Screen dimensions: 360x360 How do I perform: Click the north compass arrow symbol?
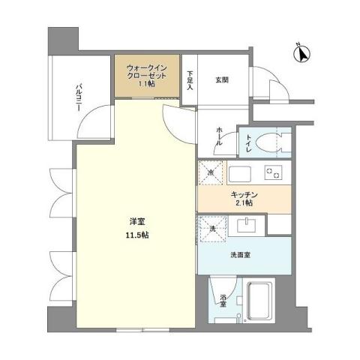(x=303, y=53)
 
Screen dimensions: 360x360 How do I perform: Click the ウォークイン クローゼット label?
(x=146, y=70)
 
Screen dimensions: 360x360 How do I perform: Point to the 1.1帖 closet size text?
(x=146, y=85)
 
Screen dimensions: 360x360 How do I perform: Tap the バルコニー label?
(x=79, y=95)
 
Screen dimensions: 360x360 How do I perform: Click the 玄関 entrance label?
(x=222, y=80)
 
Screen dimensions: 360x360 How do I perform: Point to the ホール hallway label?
(x=219, y=135)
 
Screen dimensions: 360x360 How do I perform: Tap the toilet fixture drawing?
(x=273, y=141)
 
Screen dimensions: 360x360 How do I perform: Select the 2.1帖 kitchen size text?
(x=242, y=203)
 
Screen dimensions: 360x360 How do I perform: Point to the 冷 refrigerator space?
(x=211, y=173)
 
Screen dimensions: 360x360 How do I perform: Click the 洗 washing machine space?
(x=211, y=227)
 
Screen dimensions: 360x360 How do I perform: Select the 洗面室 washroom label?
(x=241, y=255)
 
